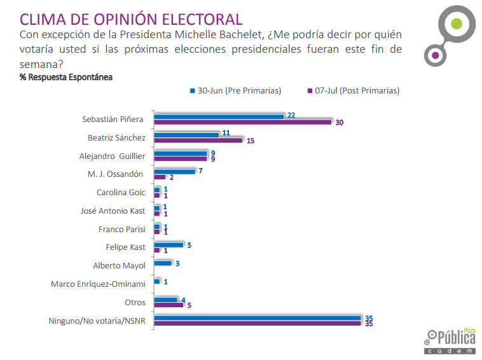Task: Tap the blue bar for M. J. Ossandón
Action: click(x=175, y=171)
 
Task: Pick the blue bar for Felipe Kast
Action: click(x=169, y=244)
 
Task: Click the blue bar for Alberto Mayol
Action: click(x=163, y=263)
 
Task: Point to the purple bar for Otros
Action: click(x=169, y=305)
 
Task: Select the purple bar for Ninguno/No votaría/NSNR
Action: click(x=258, y=323)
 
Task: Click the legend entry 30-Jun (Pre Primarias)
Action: click(x=235, y=90)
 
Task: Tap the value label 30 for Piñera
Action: click(x=340, y=122)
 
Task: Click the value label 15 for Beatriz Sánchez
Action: click(x=251, y=141)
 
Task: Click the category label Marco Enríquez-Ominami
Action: click(x=98, y=284)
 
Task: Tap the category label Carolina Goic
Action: click(x=121, y=192)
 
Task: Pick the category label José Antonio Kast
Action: click(x=113, y=211)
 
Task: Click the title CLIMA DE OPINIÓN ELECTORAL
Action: click(x=131, y=19)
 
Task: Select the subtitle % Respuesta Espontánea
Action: click(x=66, y=77)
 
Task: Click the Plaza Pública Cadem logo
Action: click(x=451, y=341)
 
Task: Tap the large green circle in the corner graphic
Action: click(x=455, y=24)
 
